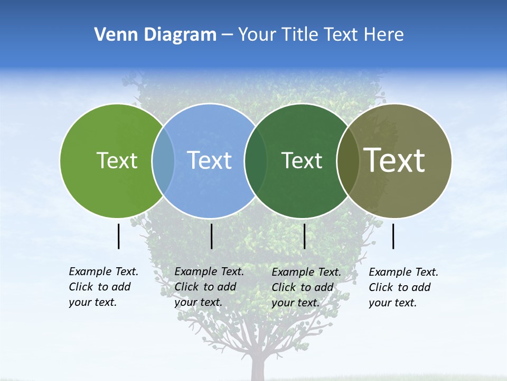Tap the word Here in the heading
click(384, 35)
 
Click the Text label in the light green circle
click(117, 160)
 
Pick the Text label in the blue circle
click(210, 160)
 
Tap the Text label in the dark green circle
click(302, 160)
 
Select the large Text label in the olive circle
click(395, 160)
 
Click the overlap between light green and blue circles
click(163, 160)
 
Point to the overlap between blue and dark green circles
click(256, 160)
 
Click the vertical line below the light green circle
click(118, 236)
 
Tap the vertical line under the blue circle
click(211, 236)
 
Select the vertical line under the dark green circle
click(304, 236)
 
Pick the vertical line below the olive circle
click(393, 236)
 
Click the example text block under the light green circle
click(103, 287)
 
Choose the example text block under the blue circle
click(209, 287)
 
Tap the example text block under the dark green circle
click(306, 287)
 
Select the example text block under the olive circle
click(403, 287)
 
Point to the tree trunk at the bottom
click(258, 368)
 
